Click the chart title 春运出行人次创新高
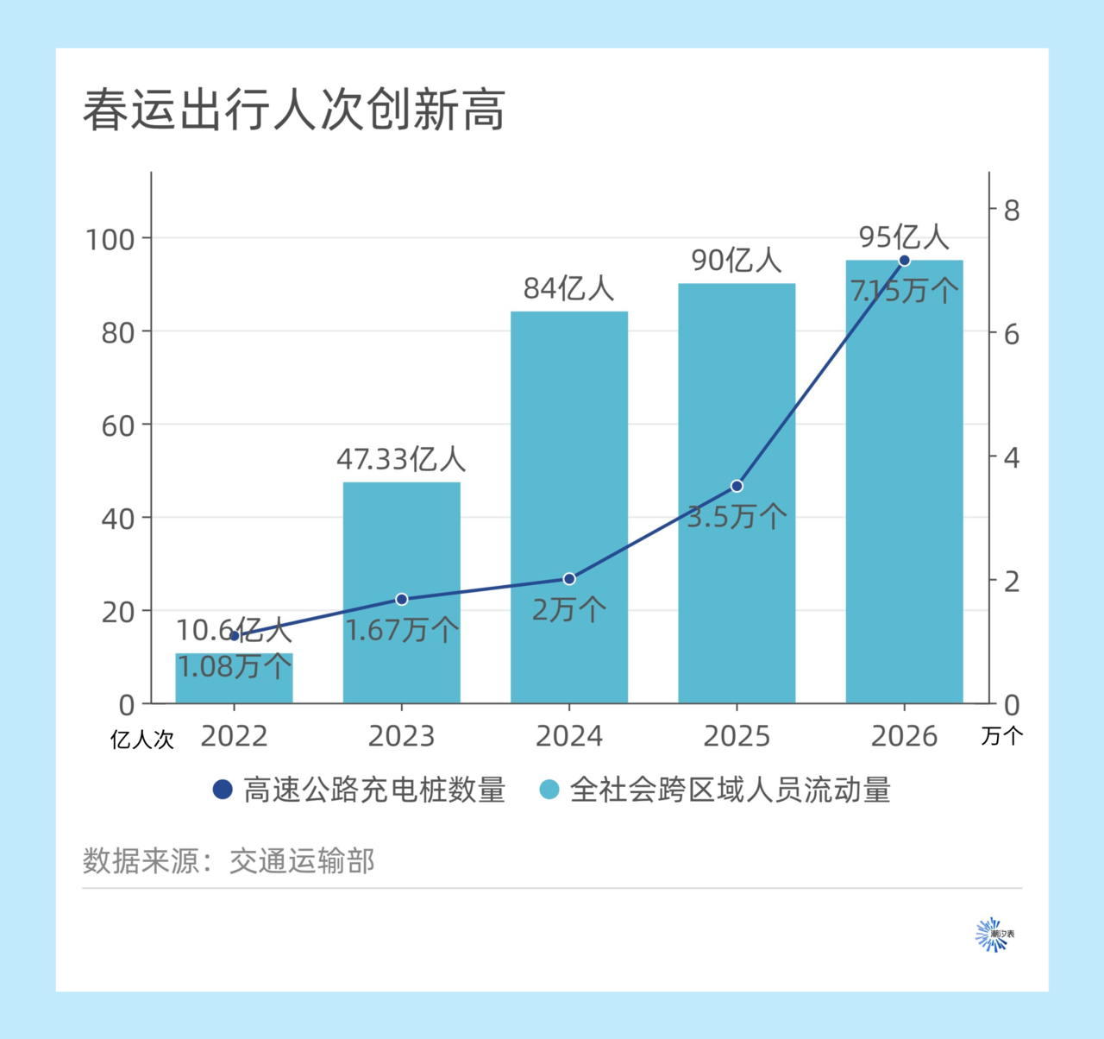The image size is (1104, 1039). (x=294, y=110)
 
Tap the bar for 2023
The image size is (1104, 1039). (x=401, y=552)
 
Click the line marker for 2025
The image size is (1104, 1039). (x=737, y=486)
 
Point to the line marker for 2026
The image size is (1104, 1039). (x=904, y=261)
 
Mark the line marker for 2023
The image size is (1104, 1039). (x=401, y=599)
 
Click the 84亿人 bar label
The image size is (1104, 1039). (x=569, y=289)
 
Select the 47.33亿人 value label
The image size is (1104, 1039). (x=401, y=459)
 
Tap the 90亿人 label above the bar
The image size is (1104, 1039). (x=737, y=261)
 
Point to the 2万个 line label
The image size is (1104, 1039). (x=569, y=610)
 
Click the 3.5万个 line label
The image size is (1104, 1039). (x=737, y=517)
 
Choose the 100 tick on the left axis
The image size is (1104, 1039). (x=110, y=239)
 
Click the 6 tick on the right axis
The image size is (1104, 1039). (x=1011, y=334)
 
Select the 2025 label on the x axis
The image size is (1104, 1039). (x=737, y=736)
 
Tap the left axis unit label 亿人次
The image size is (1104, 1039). (x=142, y=740)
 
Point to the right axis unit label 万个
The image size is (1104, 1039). (x=1002, y=736)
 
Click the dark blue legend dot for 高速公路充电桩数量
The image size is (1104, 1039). (x=223, y=790)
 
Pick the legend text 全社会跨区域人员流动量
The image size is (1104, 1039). (x=730, y=790)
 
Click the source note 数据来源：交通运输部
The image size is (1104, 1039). (x=229, y=860)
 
